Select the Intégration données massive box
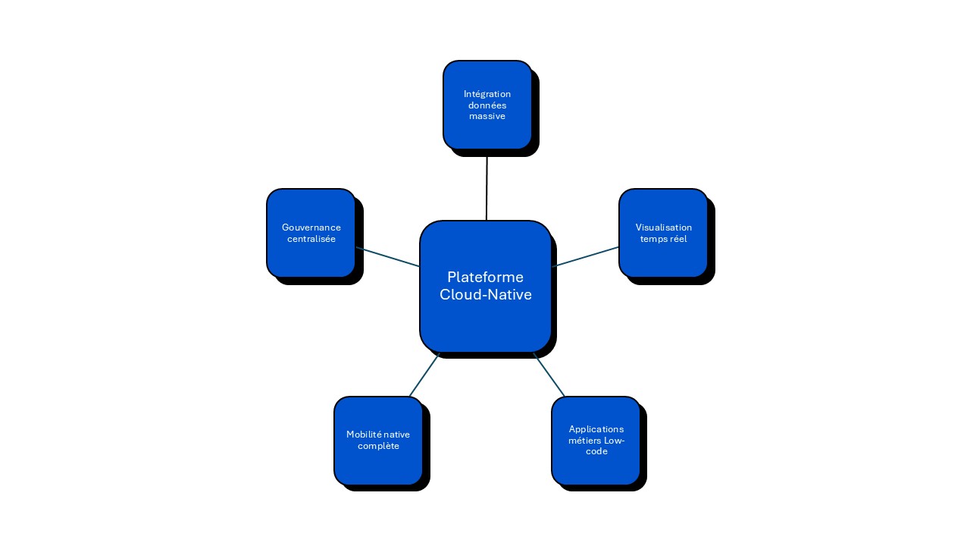point(487,129)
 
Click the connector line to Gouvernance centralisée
point(387,257)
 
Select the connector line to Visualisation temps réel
point(586,256)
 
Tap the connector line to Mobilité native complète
point(424,375)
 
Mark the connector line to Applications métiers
point(549,375)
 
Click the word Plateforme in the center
point(485,277)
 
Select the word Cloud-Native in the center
point(486,294)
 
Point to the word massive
point(487,117)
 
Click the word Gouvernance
point(311,227)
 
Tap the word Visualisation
point(664,227)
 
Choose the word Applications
point(596,429)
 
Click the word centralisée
point(311,239)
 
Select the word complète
point(378,446)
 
